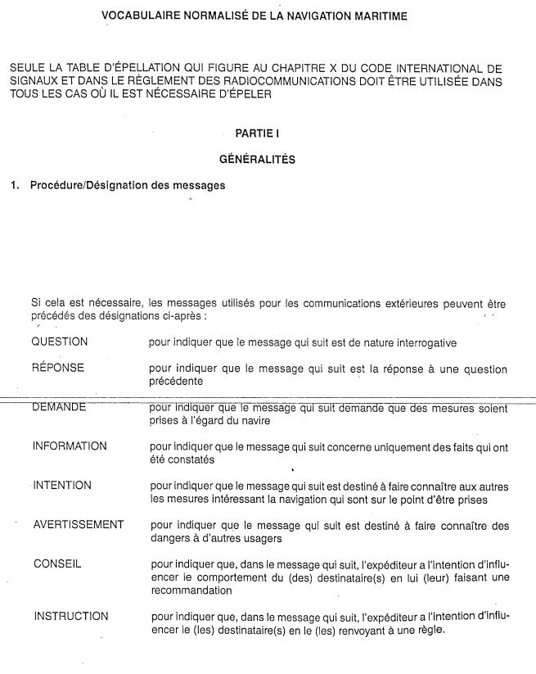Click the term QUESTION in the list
pyautogui.click(x=60, y=342)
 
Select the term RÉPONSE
pyautogui.click(x=58, y=368)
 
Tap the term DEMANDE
pyautogui.click(x=59, y=407)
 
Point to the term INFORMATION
pyautogui.click(x=70, y=446)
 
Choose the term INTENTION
pyautogui.click(x=62, y=486)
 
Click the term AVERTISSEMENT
pyautogui.click(x=79, y=525)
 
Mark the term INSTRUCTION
pyautogui.click(x=70, y=616)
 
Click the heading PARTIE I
pyautogui.click(x=257, y=133)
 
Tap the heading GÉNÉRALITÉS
pyautogui.click(x=257, y=160)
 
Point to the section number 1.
pyautogui.click(x=15, y=186)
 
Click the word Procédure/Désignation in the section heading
pyautogui.click(x=89, y=186)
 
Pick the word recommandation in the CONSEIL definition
pyautogui.click(x=192, y=590)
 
